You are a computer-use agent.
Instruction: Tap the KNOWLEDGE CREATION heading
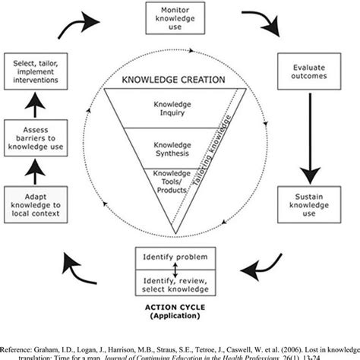(x=169, y=79)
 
